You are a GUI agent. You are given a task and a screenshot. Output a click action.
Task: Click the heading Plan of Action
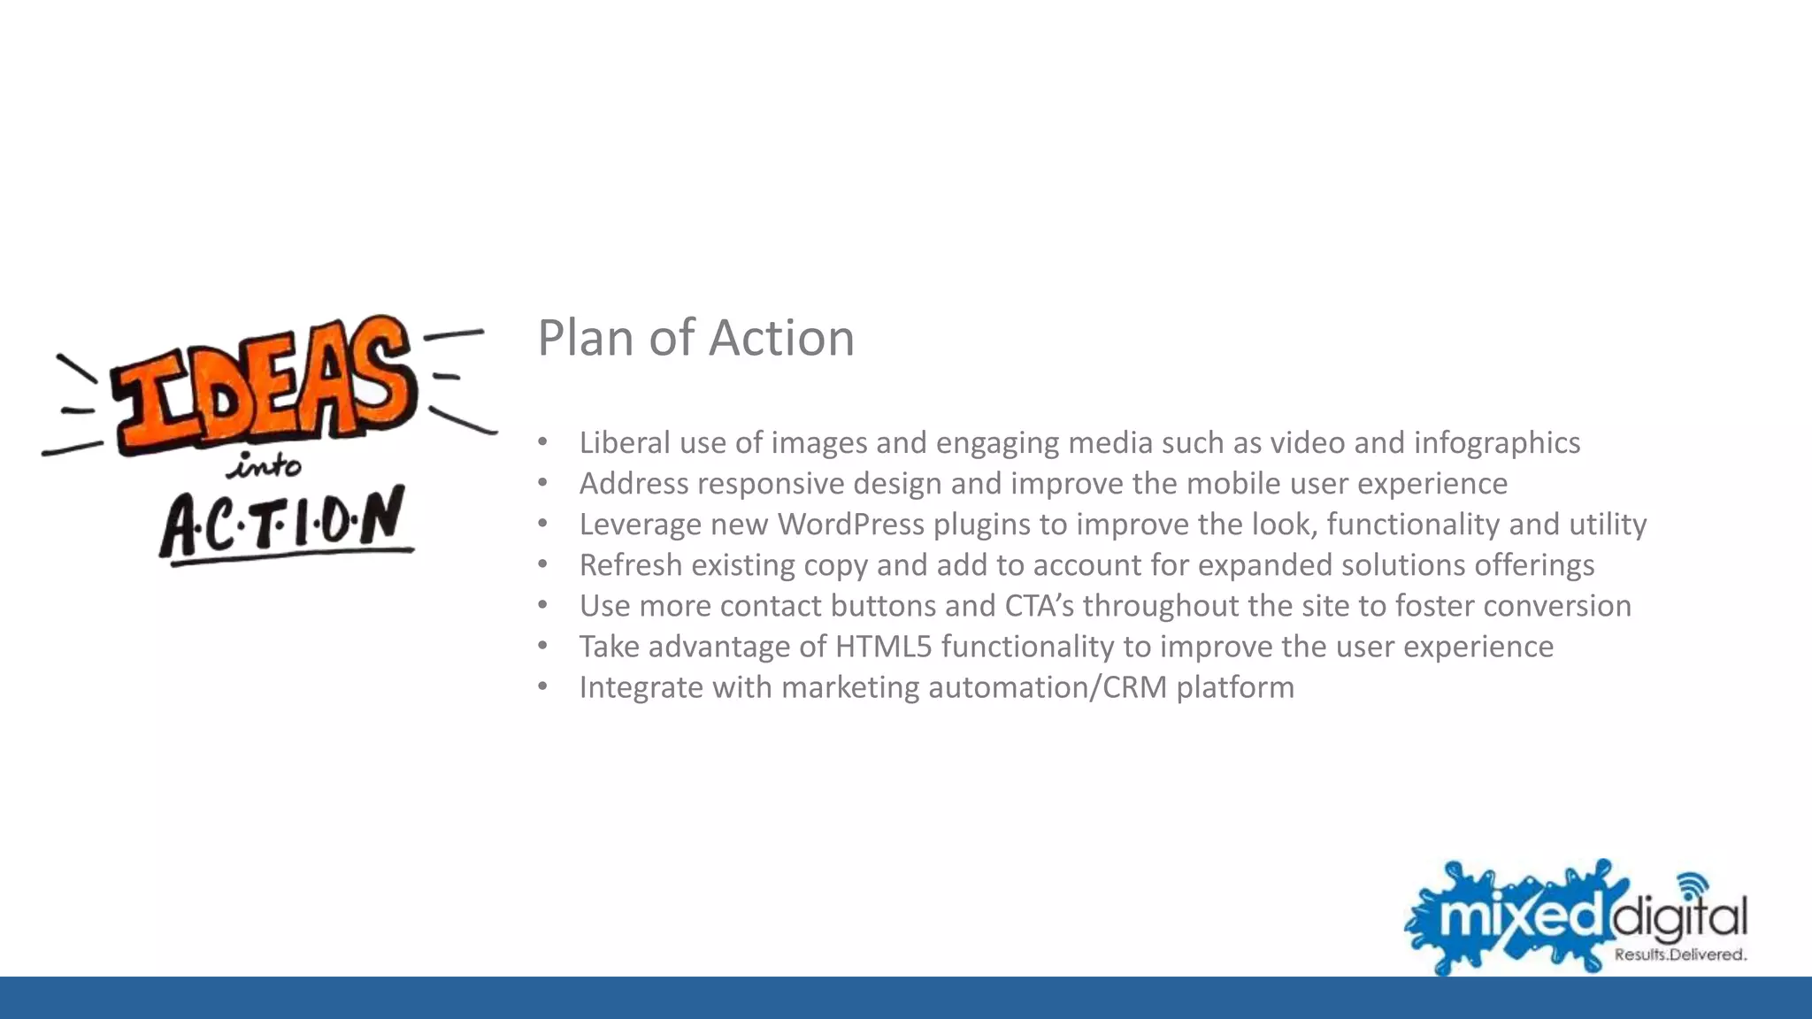695,338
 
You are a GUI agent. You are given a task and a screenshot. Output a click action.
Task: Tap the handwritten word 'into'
265,465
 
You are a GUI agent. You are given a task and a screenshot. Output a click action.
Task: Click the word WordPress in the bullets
850,525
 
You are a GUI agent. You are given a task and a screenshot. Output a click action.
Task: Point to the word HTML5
883,647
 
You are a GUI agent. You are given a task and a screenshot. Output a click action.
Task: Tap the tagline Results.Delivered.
1679,954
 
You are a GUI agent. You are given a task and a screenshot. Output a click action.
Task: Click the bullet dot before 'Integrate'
542,686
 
